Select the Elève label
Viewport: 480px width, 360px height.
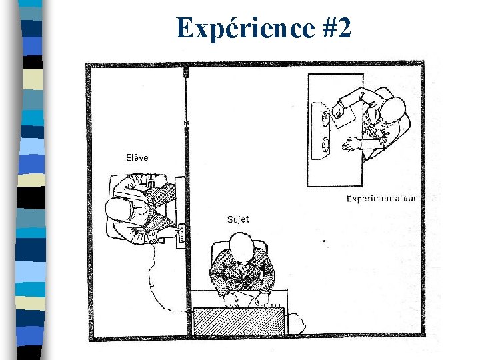(x=137, y=157)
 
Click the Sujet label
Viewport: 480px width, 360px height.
(x=239, y=219)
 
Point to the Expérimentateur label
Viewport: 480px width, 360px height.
(x=382, y=199)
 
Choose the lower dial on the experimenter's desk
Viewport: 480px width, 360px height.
(x=325, y=142)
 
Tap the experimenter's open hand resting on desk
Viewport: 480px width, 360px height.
(x=349, y=143)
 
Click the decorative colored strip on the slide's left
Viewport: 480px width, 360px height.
(x=30, y=180)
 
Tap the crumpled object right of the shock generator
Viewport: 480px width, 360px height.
(x=297, y=325)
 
